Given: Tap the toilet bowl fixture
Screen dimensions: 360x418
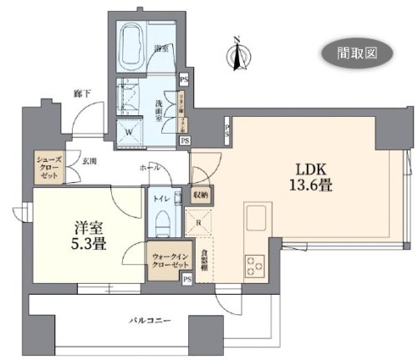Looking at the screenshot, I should coord(163,224).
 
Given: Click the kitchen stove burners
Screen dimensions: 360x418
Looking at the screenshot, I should coord(254,265).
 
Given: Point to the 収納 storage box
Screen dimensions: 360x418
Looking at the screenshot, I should coord(202,195).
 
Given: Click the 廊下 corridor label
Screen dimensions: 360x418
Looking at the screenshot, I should coord(81,94).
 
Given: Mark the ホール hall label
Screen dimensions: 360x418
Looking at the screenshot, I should coord(150,167).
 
